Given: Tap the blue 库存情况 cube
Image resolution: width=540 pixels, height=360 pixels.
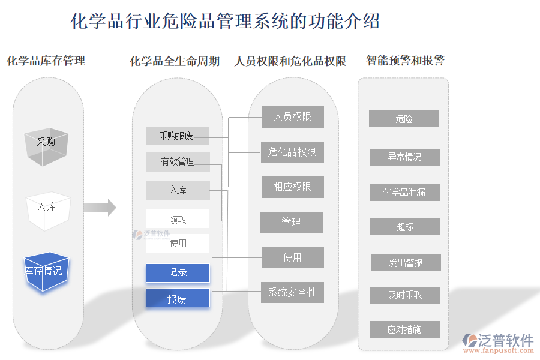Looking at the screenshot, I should tap(46, 272).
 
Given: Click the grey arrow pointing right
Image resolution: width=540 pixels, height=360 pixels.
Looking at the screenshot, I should tap(99, 208).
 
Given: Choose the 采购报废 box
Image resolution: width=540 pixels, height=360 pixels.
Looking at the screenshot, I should tap(177, 136).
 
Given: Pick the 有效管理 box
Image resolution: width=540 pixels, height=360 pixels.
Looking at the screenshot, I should tap(178, 161).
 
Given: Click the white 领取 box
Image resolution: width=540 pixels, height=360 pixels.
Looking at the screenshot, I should tap(178, 219).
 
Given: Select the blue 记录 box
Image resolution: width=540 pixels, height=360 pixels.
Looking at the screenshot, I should tap(178, 272).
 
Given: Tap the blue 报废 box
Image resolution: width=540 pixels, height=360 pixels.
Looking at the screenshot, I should tap(178, 298).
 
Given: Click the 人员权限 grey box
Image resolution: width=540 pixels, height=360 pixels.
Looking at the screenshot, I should tap(292, 117).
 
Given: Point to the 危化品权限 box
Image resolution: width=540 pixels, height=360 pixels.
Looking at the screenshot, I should tap(292, 152).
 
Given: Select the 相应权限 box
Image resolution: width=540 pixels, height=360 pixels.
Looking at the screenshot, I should tap(292, 187).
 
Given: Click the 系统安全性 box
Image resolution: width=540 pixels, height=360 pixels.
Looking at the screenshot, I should tap(292, 292).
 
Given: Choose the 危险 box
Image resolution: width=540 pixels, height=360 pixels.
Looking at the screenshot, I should tap(404, 119).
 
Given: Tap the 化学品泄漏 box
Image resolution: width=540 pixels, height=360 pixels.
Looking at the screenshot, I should tap(404, 192).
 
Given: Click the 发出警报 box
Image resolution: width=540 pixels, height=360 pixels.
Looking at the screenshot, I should tap(405, 263).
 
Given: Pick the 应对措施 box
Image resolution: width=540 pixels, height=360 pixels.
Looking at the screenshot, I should tap(405, 329).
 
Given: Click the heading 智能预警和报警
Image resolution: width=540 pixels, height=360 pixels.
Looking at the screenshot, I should tap(405, 61).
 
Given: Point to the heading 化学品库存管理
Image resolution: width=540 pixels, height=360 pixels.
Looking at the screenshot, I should tap(46, 61).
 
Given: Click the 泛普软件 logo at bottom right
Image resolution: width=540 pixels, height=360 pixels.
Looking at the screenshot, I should tap(497, 341).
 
